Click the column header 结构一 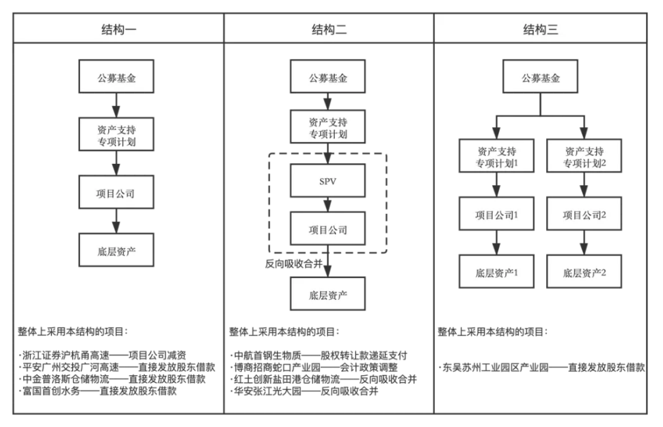pos(118,29)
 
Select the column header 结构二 pos(328,29)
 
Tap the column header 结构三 pos(540,29)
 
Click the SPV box pos(328,184)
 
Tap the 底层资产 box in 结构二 pos(328,295)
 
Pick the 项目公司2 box pos(584,215)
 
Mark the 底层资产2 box pos(584,272)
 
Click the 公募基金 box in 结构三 pos(541,78)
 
